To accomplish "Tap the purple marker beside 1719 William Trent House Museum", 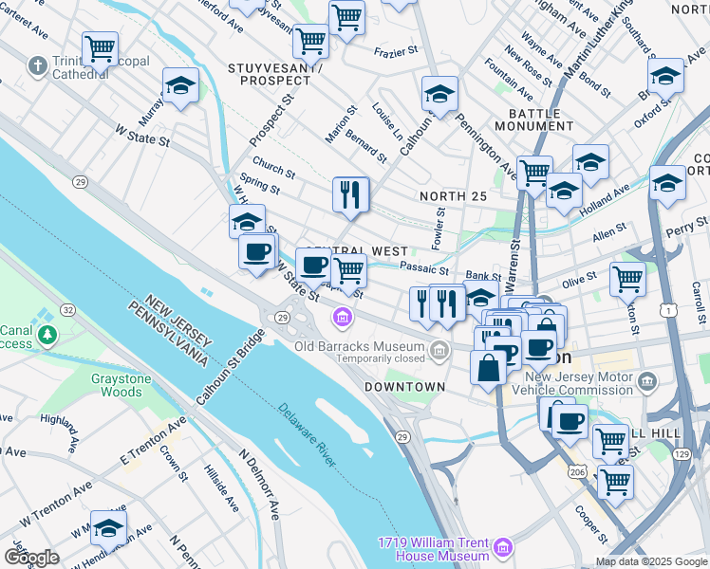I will pyautogui.click(x=502, y=547).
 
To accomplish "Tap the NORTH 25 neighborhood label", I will pyautogui.click(x=453, y=196).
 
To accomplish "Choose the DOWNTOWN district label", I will pyautogui.click(x=404, y=387).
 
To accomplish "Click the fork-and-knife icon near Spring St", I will pyautogui.click(x=351, y=194).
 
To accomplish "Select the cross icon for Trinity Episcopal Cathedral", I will pyautogui.click(x=37, y=65).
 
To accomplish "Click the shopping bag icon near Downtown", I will pyautogui.click(x=488, y=368).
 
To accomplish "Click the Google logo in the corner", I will pyautogui.click(x=31, y=558).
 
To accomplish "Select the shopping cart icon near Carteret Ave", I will pyautogui.click(x=100, y=48).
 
